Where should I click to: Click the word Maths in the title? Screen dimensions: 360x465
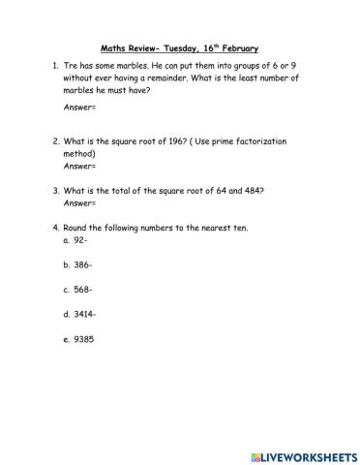pos(114,47)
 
